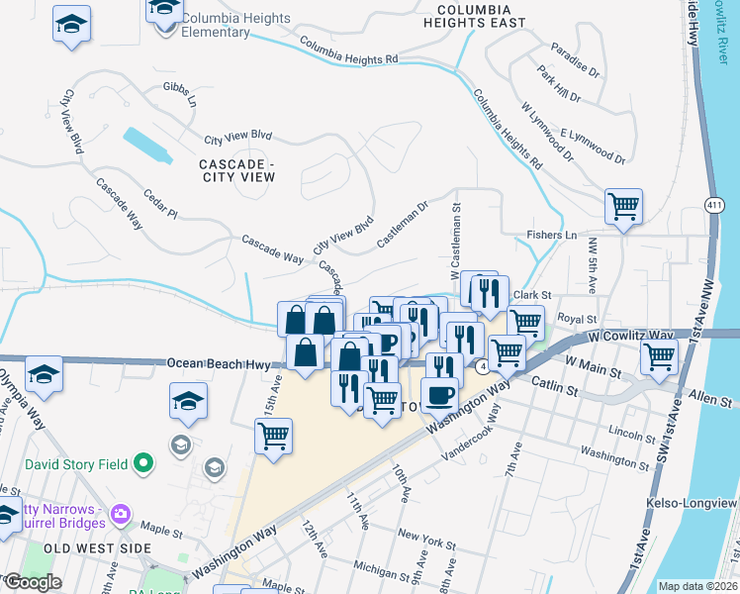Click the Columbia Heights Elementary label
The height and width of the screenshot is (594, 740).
[x=236, y=26]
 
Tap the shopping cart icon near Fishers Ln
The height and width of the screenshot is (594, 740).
[x=623, y=207]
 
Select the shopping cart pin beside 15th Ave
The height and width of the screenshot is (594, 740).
[x=273, y=436]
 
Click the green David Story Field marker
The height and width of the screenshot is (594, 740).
[x=143, y=461]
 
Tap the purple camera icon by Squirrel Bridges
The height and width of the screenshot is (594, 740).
[x=121, y=512]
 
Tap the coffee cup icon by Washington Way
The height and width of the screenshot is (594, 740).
[x=439, y=394]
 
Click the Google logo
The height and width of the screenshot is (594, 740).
[x=32, y=582]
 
